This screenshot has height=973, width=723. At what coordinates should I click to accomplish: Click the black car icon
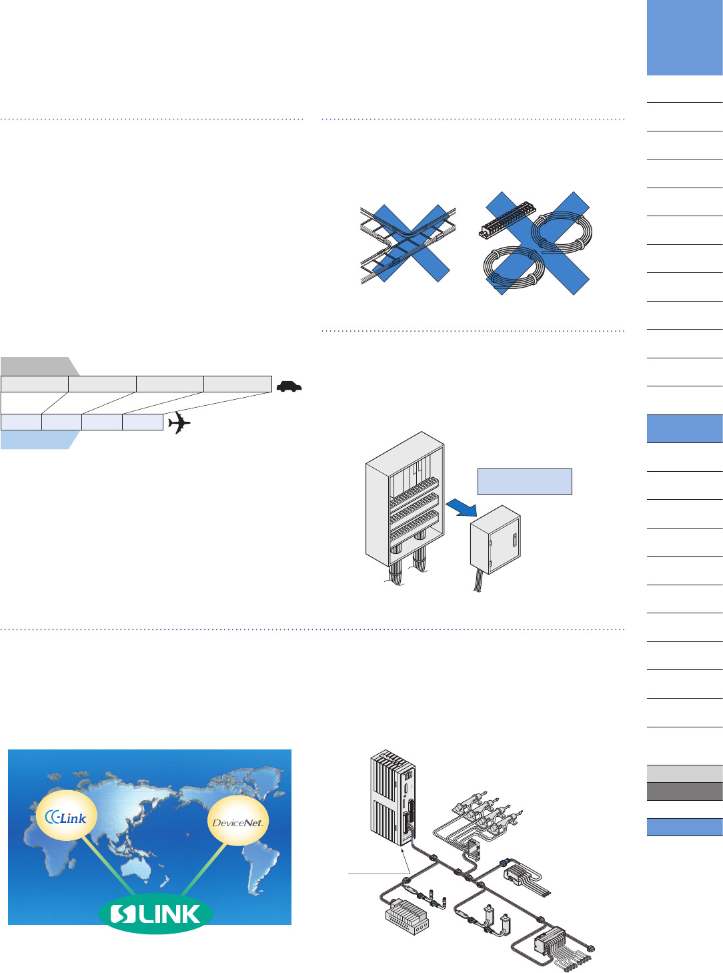coord(289,386)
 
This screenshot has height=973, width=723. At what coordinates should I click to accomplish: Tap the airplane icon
coord(179,422)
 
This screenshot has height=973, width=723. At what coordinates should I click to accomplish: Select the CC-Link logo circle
coord(66,817)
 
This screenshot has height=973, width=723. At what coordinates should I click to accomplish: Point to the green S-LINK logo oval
coord(155,914)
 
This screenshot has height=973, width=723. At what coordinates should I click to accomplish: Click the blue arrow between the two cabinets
coord(462,508)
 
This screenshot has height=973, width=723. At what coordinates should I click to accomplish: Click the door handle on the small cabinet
coord(515,541)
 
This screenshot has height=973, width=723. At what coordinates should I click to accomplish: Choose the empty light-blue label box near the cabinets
coord(524,481)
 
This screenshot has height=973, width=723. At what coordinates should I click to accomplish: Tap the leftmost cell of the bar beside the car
coord(35,384)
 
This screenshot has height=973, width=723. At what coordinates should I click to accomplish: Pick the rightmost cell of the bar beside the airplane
coord(143,422)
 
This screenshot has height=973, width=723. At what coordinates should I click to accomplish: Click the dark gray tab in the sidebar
coord(684,791)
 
